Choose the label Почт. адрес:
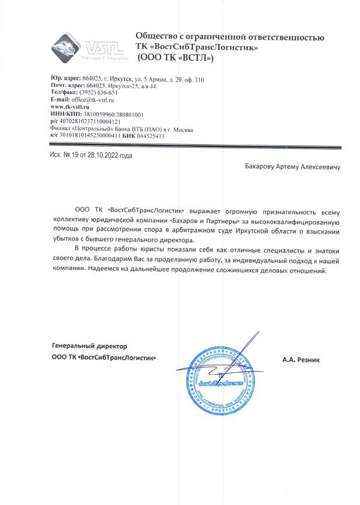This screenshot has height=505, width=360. pyautogui.click(x=68, y=86)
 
